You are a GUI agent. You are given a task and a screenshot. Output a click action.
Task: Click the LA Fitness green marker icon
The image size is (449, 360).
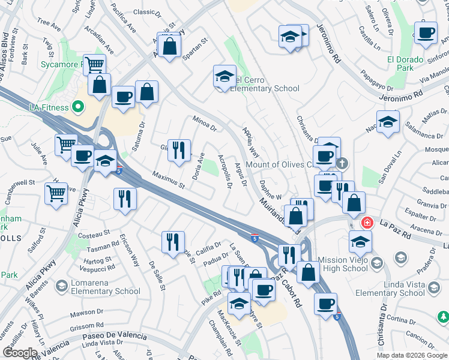[77, 107]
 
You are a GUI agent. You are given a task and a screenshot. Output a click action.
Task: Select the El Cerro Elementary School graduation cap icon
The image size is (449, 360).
[224, 77]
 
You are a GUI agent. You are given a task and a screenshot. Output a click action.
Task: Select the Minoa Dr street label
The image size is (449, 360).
[204, 124]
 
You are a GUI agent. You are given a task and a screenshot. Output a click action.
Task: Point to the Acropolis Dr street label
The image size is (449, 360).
[225, 171]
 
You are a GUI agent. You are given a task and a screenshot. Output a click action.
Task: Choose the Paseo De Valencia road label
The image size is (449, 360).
[115, 335]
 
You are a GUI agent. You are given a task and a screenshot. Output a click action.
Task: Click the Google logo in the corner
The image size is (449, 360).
[20, 353]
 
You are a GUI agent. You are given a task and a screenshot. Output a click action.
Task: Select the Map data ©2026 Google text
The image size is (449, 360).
[411, 355]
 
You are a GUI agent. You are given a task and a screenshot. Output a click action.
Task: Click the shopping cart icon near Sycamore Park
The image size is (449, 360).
[94, 65]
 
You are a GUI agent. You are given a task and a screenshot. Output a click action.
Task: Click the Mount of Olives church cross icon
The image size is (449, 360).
[342, 163]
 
